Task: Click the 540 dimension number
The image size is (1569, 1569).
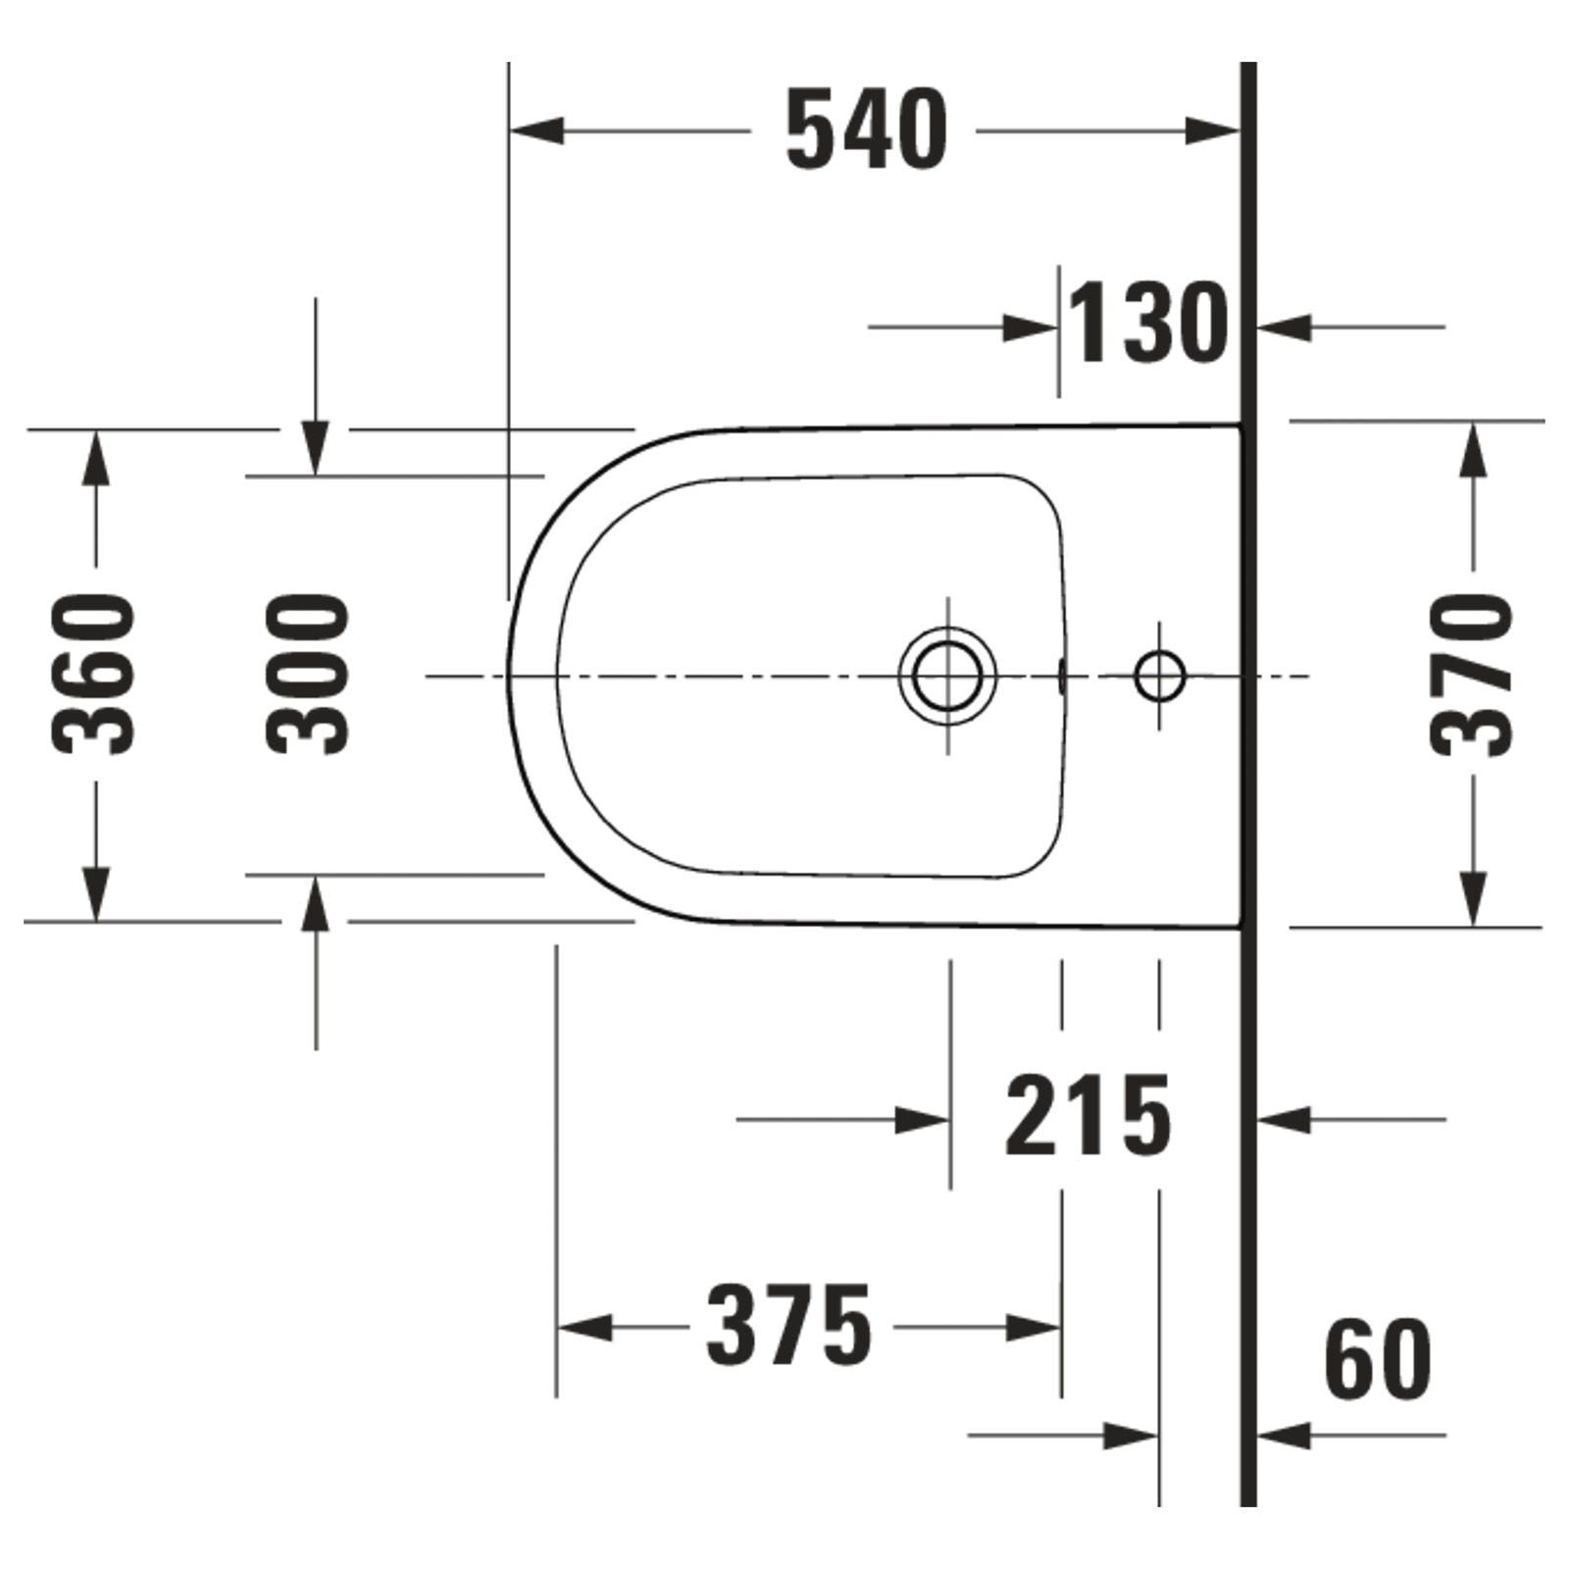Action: coord(867,130)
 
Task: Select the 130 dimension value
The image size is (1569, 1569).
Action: coord(1147,322)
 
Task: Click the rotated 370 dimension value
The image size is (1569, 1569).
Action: coord(1470,676)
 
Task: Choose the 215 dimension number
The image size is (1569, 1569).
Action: coord(1088,1115)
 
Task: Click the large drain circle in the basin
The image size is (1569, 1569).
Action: coord(947,676)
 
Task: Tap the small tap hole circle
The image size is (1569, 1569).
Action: coord(1160,676)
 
